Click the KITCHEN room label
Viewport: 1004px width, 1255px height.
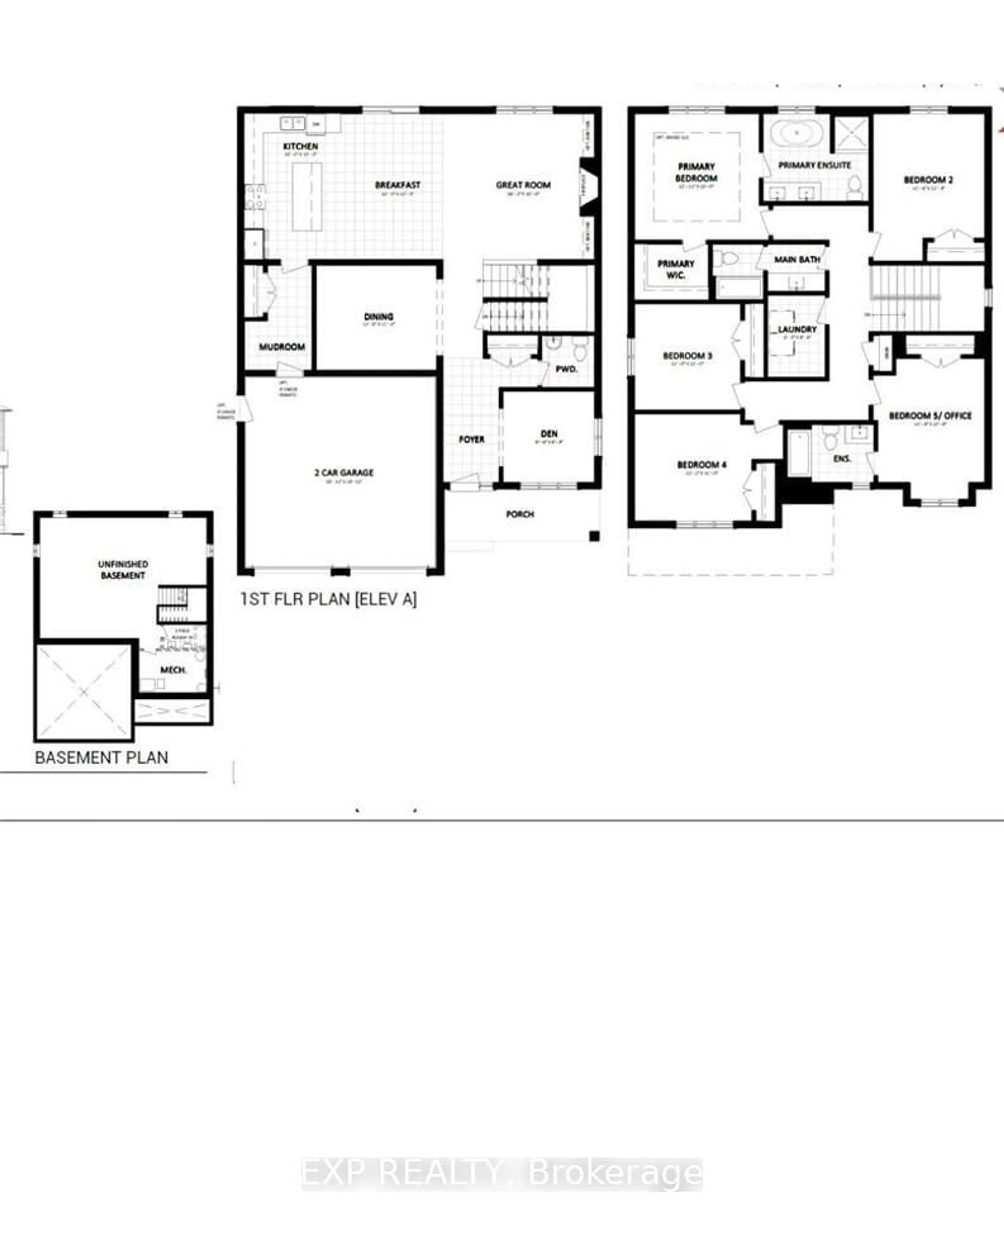(300, 146)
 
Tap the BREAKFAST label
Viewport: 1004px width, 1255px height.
(397, 185)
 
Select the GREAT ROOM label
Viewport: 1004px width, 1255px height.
(523, 185)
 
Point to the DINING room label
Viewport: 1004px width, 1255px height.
(378, 317)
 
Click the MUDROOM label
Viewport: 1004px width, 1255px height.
(282, 347)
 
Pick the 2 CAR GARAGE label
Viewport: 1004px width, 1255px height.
(344, 473)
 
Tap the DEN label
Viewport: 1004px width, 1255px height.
(549, 434)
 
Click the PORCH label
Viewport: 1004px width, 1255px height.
(520, 514)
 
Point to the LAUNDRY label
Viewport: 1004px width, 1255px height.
(797, 330)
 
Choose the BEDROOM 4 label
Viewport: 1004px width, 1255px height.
(701, 464)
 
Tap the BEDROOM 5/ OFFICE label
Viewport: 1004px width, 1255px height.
(930, 416)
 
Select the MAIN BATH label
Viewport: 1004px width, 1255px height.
(797, 260)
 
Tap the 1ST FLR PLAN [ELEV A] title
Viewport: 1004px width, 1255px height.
(329, 599)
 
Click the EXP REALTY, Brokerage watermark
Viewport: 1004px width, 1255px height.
(502, 1172)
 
